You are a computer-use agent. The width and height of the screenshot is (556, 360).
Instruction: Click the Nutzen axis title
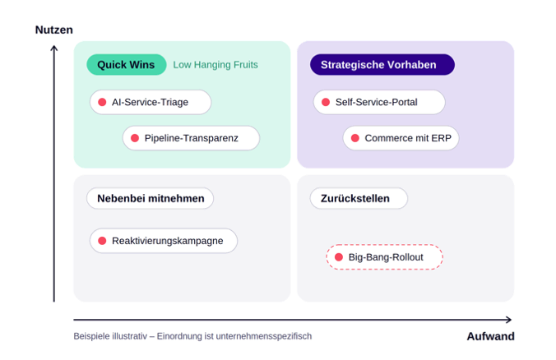pos(54,30)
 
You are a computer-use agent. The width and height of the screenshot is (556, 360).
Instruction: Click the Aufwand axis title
pos(490,336)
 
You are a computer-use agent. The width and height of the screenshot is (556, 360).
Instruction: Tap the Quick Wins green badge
pos(126,64)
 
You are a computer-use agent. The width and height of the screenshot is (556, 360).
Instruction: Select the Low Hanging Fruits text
pos(215,64)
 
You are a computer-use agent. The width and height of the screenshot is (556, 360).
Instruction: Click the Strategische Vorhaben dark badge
pos(382,64)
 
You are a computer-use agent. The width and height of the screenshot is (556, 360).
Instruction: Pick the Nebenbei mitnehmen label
pos(150,198)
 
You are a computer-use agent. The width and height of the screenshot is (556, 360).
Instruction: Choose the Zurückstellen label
pos(359,198)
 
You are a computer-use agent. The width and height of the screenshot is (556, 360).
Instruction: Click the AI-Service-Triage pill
pos(151,102)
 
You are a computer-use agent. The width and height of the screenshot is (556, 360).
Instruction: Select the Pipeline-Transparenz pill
pos(191,138)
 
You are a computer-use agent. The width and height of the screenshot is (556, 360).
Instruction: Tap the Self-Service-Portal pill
pos(379,102)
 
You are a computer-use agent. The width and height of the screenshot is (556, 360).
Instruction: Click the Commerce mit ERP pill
pos(401,138)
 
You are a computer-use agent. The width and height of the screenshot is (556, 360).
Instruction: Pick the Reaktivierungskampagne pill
pos(164,241)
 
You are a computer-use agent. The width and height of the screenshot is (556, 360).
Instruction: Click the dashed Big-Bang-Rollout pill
pos(384,257)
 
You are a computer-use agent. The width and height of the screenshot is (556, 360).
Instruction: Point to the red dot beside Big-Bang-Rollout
pos(339,257)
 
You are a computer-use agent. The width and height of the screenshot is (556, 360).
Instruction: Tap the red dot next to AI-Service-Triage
pos(102,102)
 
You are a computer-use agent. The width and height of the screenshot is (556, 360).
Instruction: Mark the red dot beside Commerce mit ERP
pos(355,138)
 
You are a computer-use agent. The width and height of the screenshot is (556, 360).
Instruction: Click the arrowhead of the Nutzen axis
pos(54,47)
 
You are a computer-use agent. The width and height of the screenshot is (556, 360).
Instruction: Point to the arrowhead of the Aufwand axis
pos(509,320)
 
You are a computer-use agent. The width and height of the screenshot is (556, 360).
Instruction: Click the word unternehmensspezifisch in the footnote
pos(264,336)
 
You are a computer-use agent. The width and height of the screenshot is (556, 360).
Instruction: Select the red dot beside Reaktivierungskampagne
pos(102,241)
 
